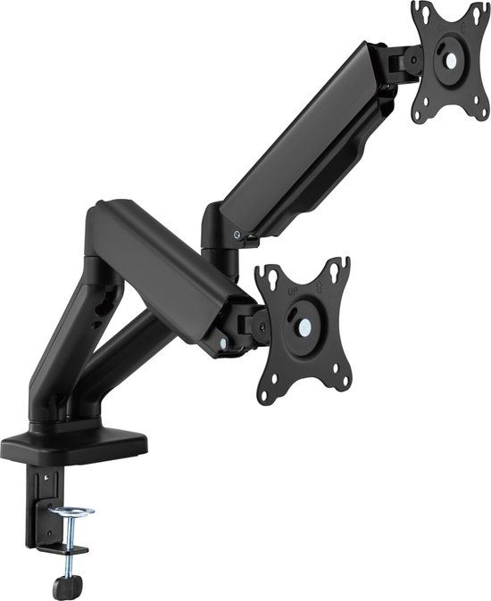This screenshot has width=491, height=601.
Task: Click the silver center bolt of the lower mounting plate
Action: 304,326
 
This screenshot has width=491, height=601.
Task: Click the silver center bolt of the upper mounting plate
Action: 449,62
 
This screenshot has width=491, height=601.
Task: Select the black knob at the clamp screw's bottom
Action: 63,587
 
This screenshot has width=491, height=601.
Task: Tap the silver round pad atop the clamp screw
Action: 71,512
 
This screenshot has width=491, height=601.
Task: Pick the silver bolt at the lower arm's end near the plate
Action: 220,342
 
